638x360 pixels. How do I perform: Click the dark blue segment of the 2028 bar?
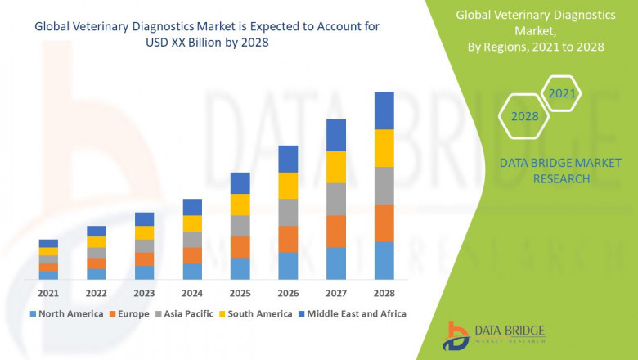(384, 110)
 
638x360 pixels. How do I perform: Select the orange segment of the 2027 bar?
(336, 231)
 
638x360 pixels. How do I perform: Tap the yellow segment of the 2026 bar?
(288, 186)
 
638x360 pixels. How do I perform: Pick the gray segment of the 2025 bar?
(240, 226)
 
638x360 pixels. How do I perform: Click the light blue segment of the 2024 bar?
(192, 271)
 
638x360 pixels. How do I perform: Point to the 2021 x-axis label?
(48, 293)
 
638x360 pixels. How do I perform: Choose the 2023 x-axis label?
(144, 293)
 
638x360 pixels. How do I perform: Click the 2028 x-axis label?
(384, 293)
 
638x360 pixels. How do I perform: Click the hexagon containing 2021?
(562, 94)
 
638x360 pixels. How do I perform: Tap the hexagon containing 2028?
(525, 117)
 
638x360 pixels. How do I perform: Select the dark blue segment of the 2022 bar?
(97, 231)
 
